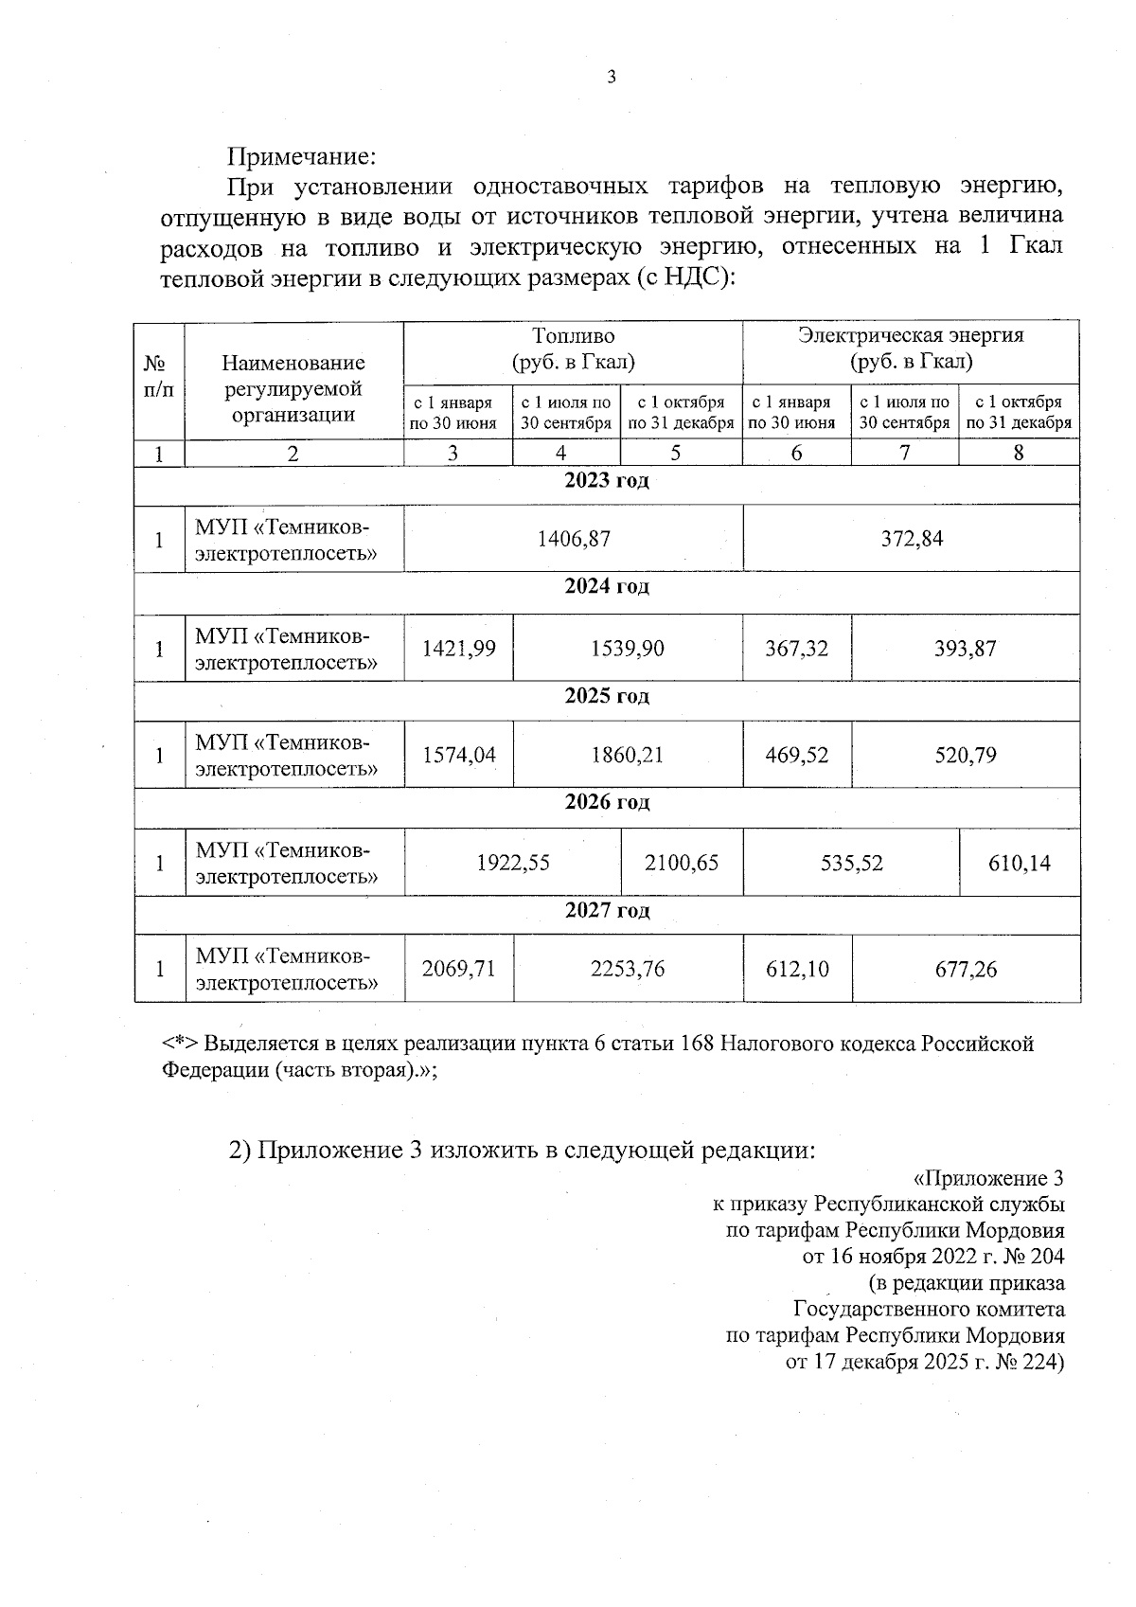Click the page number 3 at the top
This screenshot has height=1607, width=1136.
611,78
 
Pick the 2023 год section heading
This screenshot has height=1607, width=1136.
607,481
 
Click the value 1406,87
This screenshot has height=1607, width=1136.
574,539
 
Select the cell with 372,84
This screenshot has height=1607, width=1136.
912,539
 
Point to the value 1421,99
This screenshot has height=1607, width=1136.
458,649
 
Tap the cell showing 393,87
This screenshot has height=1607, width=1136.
966,649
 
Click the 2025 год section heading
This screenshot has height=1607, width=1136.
607,697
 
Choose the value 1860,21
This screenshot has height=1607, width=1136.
627,756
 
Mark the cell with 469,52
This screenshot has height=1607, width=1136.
796,756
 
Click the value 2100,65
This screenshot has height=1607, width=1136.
682,864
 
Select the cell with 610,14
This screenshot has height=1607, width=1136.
1020,864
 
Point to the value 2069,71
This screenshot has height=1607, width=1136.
458,970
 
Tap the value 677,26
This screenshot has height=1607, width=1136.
966,970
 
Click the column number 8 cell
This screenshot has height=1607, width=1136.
1019,454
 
